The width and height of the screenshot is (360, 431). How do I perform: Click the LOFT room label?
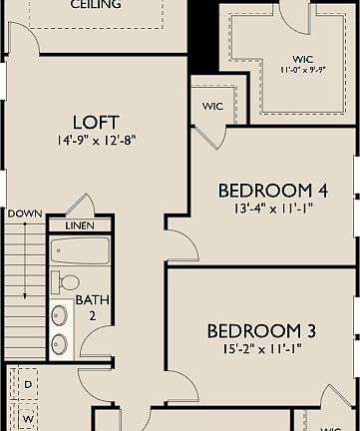[x=97, y=121]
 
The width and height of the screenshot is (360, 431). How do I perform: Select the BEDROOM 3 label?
[x=253, y=331]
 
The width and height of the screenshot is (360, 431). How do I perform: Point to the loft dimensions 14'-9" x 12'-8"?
[x=97, y=141]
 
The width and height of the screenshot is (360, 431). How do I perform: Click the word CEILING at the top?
[x=96, y=5]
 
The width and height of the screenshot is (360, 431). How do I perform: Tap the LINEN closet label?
[x=79, y=226]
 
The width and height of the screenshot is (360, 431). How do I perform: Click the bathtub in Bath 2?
[x=80, y=249]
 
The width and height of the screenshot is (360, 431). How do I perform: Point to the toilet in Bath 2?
[x=66, y=281]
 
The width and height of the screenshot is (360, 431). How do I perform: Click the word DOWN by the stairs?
[x=24, y=214]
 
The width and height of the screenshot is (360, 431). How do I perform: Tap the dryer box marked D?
[x=28, y=383]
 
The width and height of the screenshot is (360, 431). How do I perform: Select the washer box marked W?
[x=28, y=419]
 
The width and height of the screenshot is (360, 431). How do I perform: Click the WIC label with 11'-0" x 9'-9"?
[x=303, y=59]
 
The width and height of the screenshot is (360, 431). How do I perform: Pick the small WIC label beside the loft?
[x=212, y=105]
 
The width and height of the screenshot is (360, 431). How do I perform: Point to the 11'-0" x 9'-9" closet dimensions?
[x=303, y=71]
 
